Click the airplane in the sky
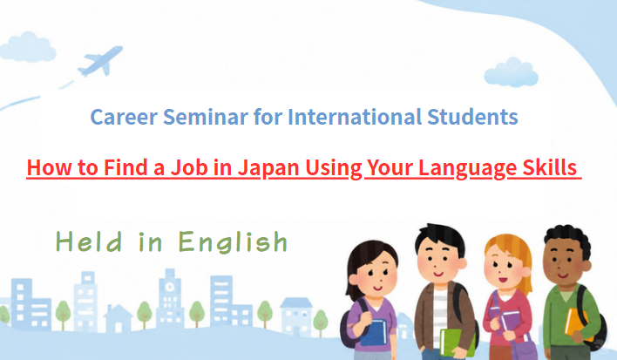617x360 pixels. (100, 61)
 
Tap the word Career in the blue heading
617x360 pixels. (124, 117)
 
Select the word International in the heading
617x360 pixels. (354, 117)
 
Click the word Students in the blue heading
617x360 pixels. (472, 117)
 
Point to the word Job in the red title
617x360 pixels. (189, 167)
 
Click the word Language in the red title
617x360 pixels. (467, 168)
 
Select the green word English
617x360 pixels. (233, 241)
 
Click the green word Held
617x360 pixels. (89, 241)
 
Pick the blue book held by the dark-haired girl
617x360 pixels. (373, 332)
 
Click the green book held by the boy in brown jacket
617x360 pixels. (457, 343)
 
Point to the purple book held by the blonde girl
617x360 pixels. (511, 321)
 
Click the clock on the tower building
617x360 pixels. (170, 287)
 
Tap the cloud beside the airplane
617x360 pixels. (28, 47)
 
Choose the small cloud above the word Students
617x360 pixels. (511, 73)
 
